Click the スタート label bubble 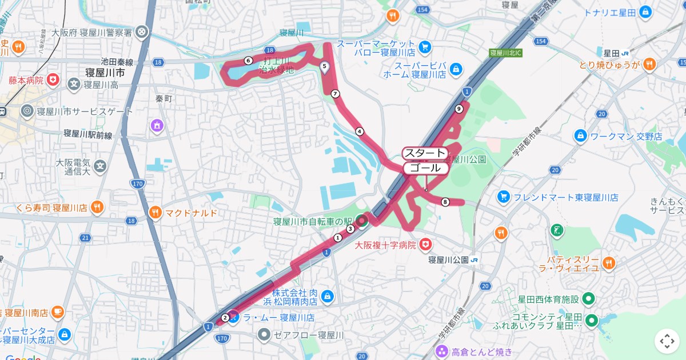coord(424,153)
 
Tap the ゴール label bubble coord(425,168)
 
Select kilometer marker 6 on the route coord(248,60)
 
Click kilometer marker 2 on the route coord(225,318)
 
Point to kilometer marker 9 coord(458,109)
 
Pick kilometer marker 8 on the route coord(445,201)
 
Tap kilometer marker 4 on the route coord(360,131)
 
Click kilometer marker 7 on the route coord(335,94)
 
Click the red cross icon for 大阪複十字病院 coord(425,245)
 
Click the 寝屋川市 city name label coord(105,73)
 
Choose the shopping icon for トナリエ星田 coord(645,11)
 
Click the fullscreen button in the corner coord(667,341)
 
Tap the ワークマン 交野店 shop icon coord(580,136)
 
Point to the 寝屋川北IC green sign coord(506,53)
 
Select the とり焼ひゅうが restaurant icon coord(649,65)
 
